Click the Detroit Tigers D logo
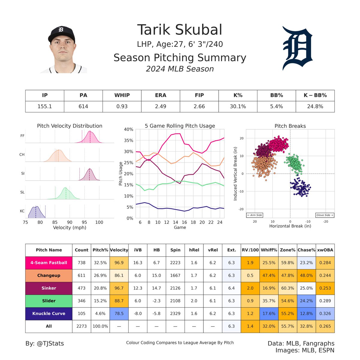tap(297, 48)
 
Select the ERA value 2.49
tap(160, 106)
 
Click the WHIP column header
tap(122, 95)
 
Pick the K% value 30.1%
tap(238, 106)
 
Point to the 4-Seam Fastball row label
tap(49, 263)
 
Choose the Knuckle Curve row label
tap(49, 313)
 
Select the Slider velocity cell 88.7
tap(119, 301)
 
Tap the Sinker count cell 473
tap(82, 288)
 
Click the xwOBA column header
tap(325, 250)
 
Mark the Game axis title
tap(180, 227)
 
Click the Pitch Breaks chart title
tap(290, 126)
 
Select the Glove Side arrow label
tap(325, 215)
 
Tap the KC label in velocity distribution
tap(22, 211)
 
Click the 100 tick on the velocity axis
tap(99, 222)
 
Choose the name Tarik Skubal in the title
tap(180, 30)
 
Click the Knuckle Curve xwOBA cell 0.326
tap(325, 313)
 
